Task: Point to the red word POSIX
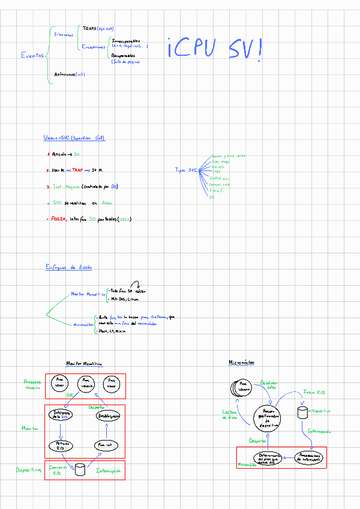tap(58, 219)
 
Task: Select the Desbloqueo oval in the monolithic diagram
tap(107, 415)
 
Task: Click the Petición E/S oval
tap(61, 446)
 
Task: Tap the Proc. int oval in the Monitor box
tap(107, 446)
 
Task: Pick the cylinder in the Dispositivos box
tap(80, 469)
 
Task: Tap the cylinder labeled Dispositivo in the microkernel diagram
tap(303, 412)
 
